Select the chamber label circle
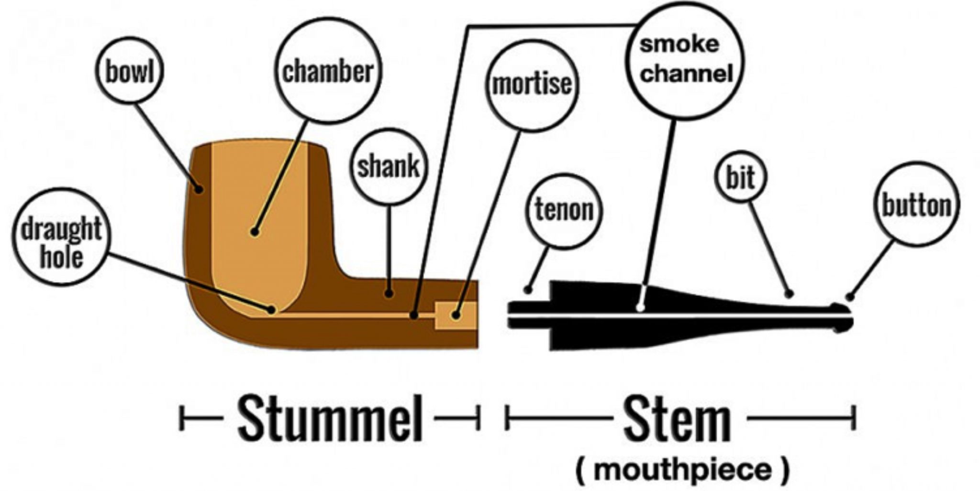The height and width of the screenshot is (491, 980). (x=328, y=71)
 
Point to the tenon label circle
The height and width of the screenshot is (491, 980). (x=564, y=210)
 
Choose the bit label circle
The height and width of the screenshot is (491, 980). (x=741, y=177)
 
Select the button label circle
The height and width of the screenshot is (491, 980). (x=916, y=205)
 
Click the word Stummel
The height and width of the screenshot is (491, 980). (x=330, y=418)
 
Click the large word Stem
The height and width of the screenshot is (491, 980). (x=678, y=418)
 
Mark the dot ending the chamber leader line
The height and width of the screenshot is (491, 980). (x=255, y=232)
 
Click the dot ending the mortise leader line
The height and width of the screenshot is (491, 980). (x=456, y=316)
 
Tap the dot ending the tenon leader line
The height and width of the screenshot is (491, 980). (x=528, y=290)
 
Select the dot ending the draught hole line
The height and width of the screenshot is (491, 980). (x=271, y=309)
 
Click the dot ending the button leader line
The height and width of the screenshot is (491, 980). (x=850, y=297)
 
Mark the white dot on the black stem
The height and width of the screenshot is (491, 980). (x=640, y=308)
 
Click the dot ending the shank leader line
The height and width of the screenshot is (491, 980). (x=390, y=293)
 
